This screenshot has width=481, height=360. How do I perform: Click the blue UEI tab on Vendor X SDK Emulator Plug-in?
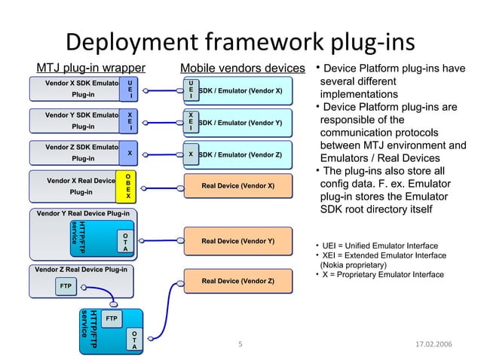(130, 89)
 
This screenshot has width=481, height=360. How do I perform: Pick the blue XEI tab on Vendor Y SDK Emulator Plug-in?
(130, 121)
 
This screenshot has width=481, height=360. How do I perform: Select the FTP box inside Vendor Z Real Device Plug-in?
(66, 286)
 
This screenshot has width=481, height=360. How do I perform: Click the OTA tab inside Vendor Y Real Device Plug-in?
(125, 241)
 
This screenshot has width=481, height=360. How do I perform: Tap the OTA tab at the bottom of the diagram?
(133, 339)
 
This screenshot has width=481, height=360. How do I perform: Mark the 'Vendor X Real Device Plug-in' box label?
(81, 186)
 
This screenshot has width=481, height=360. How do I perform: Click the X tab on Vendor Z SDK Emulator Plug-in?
(130, 153)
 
